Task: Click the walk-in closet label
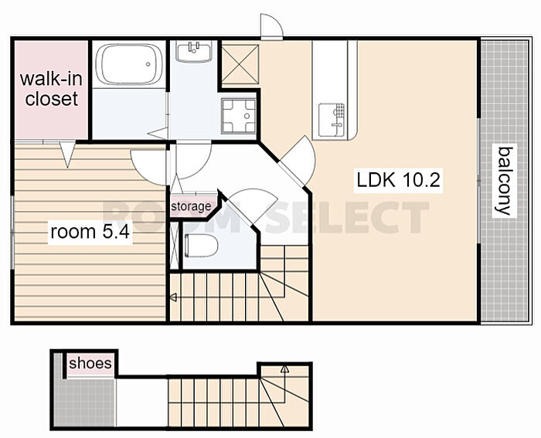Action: tap(51, 89)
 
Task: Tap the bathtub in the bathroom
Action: tap(129, 64)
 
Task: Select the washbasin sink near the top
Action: tap(193, 51)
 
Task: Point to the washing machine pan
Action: tap(239, 116)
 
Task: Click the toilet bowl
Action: tap(202, 245)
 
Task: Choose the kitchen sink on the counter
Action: tap(332, 120)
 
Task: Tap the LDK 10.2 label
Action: tap(399, 180)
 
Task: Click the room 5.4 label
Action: tap(90, 232)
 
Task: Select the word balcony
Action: tap(504, 181)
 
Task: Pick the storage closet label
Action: tap(191, 206)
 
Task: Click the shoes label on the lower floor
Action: tap(90, 363)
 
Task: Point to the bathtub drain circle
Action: tap(148, 64)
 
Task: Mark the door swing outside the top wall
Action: tap(271, 26)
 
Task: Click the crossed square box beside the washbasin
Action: tap(240, 64)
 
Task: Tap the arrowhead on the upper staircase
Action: tap(174, 297)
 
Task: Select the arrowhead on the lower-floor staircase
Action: tap(284, 369)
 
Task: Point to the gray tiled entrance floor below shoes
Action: tap(85, 402)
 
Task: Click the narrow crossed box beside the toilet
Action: tap(175, 245)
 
